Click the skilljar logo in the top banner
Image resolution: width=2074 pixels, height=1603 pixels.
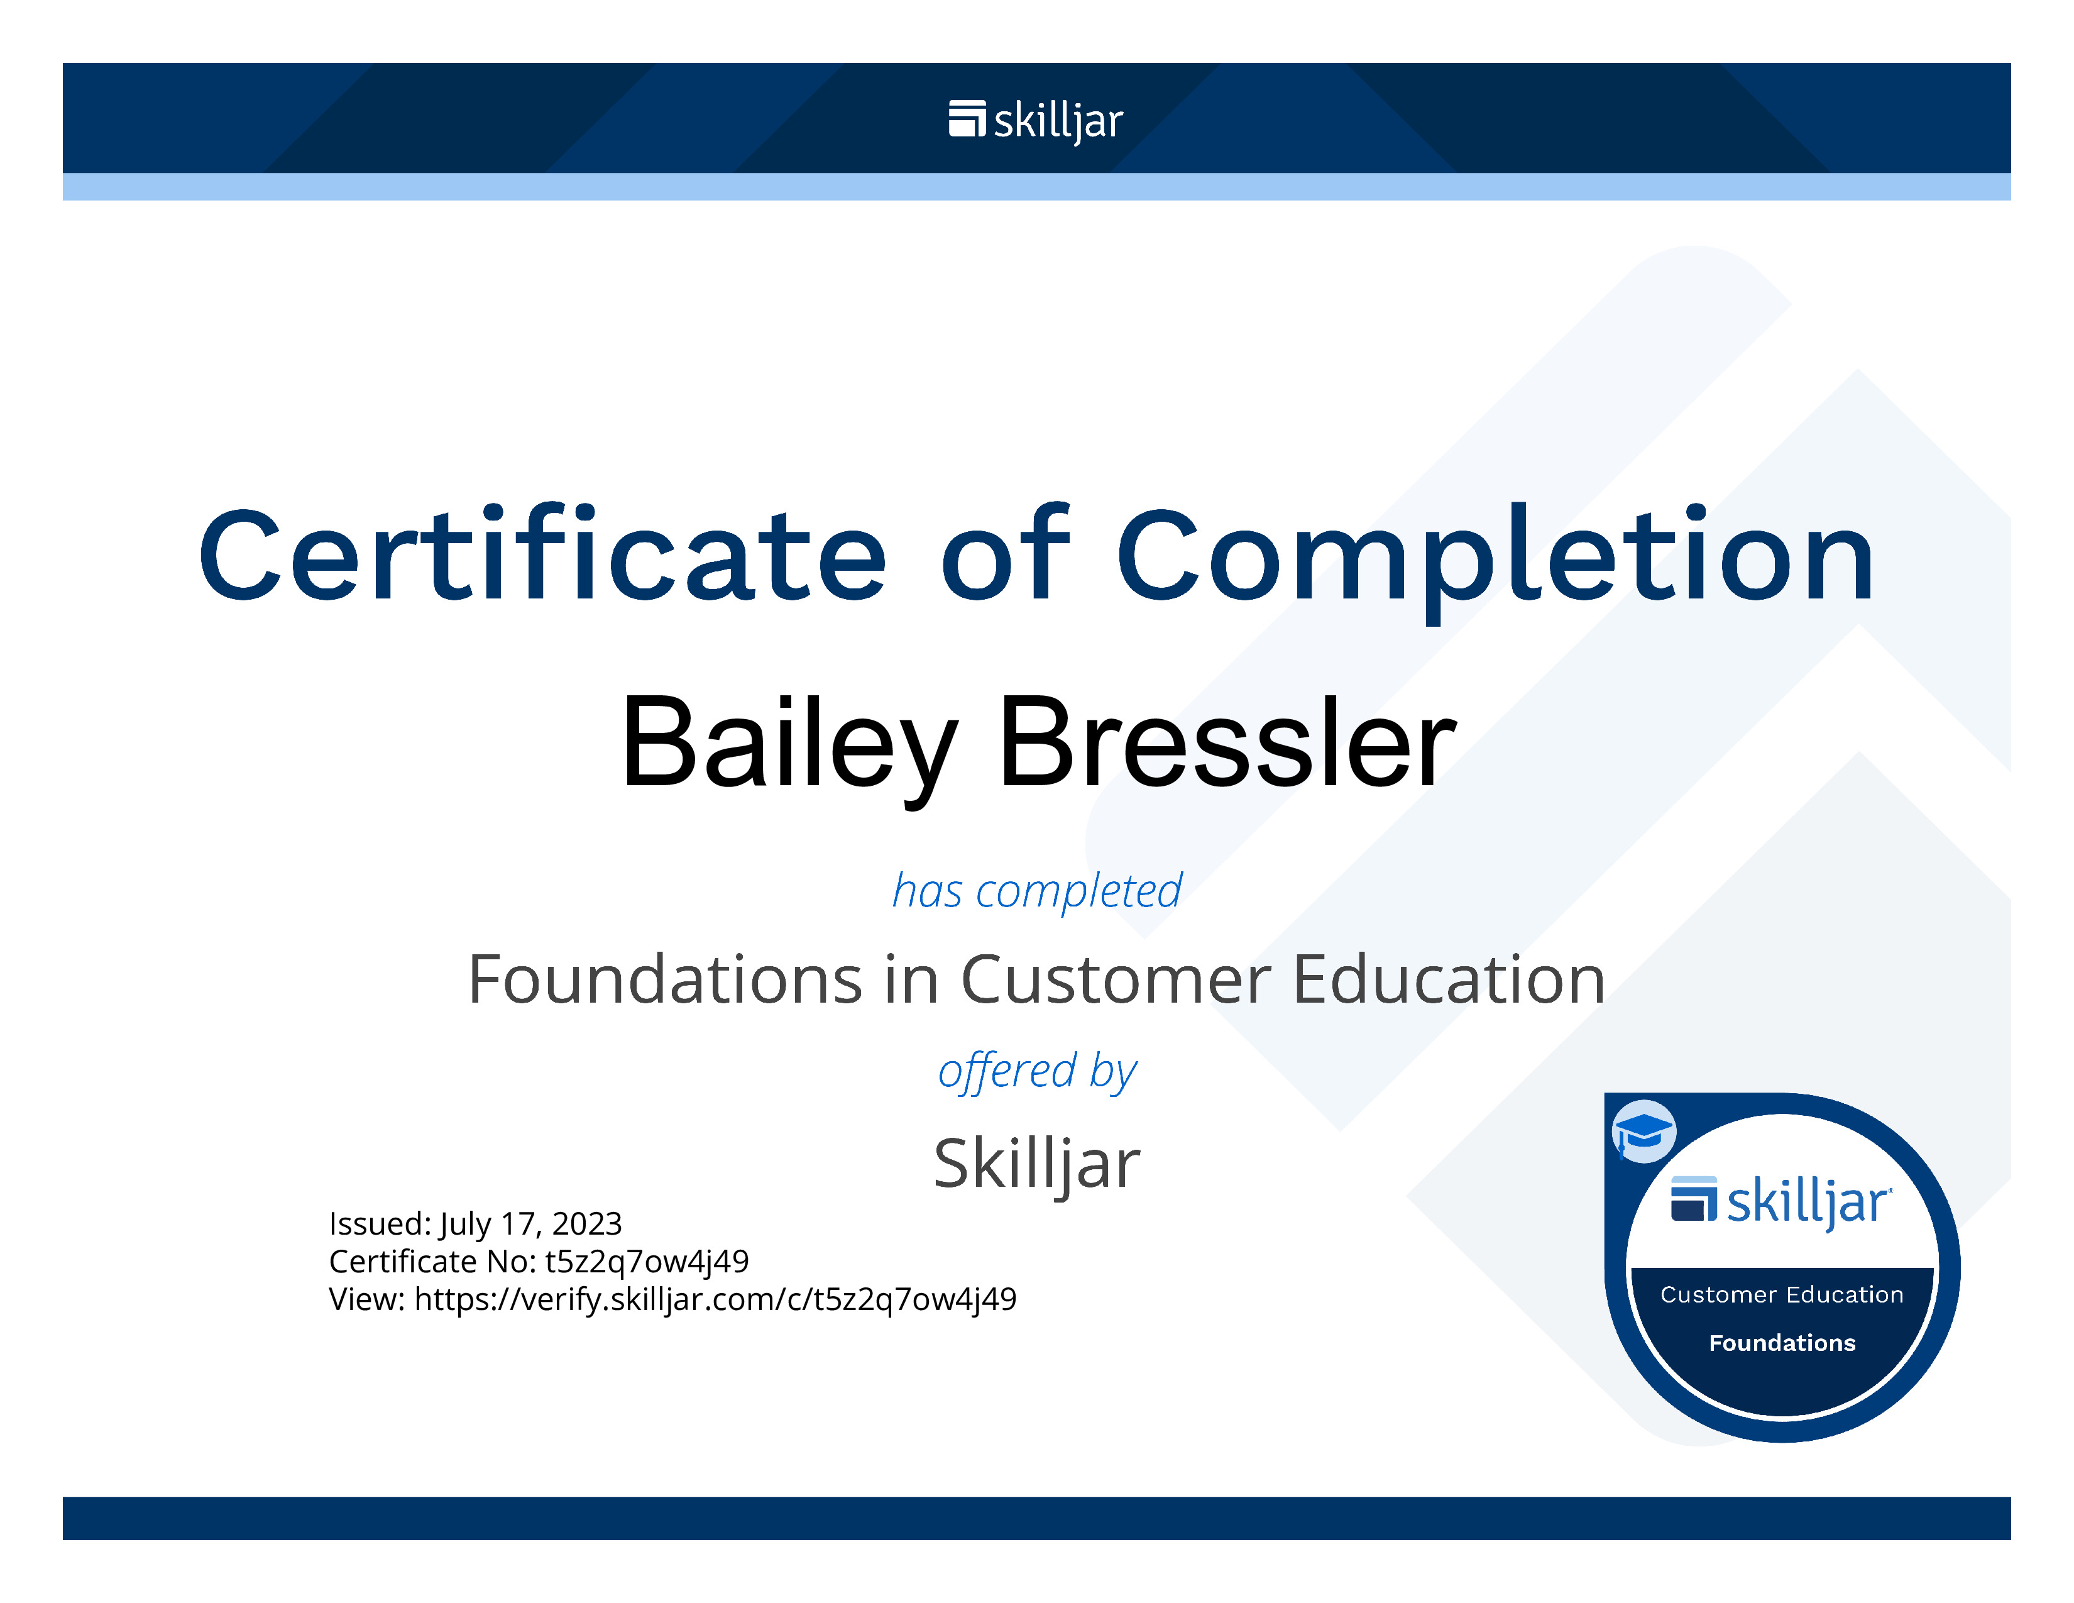click(x=1035, y=121)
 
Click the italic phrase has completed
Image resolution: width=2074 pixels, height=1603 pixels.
click(x=1037, y=891)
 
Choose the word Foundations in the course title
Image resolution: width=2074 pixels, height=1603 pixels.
click(x=665, y=979)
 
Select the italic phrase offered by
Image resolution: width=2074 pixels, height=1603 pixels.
click(x=1037, y=1071)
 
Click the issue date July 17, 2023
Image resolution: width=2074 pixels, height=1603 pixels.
click(x=530, y=1224)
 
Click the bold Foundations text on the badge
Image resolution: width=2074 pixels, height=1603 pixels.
click(x=1782, y=1343)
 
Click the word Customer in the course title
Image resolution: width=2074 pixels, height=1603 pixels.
click(x=1116, y=979)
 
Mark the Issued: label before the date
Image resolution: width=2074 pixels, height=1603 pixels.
click(x=380, y=1224)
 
